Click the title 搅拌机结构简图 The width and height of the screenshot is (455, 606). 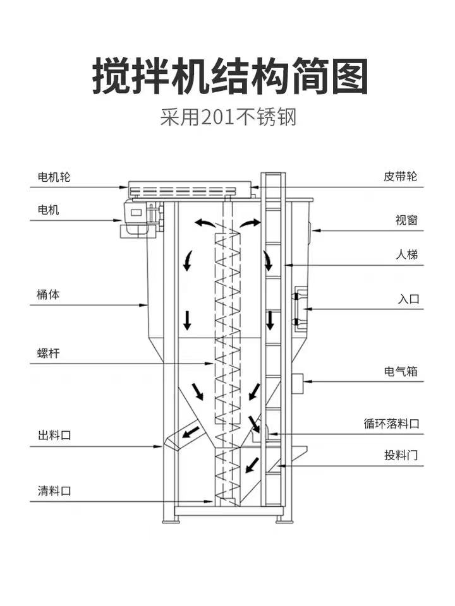[x=230, y=76]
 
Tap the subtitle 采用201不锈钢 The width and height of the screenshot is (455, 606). [x=227, y=117]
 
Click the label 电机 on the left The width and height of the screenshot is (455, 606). [x=49, y=210]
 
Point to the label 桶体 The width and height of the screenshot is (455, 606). [x=49, y=294]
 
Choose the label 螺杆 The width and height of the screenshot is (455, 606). [x=49, y=353]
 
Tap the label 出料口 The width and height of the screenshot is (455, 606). [x=54, y=435]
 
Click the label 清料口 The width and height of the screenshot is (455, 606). [x=54, y=490]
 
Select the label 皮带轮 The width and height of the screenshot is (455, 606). [x=401, y=176]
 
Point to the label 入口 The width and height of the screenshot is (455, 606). [x=408, y=299]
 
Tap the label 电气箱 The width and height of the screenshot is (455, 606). [x=401, y=371]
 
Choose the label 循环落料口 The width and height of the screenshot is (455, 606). [x=392, y=424]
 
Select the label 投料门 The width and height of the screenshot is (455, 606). [x=401, y=455]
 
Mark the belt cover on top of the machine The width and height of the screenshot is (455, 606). [x=190, y=189]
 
